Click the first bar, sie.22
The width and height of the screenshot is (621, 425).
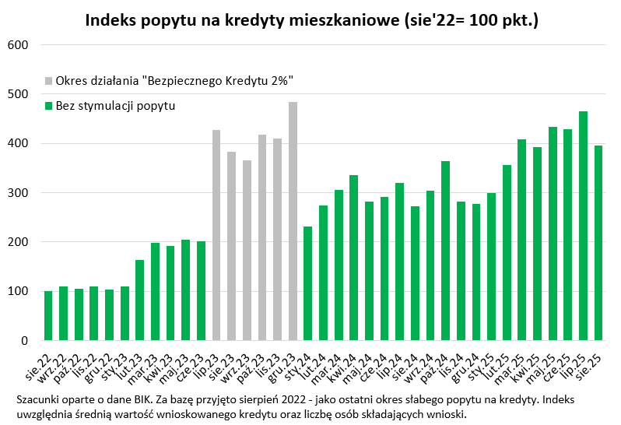(48, 316)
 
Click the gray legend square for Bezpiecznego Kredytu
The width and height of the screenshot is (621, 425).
(49, 80)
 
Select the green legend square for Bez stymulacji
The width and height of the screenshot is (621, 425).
(49, 105)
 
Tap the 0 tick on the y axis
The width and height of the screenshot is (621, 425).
(25, 341)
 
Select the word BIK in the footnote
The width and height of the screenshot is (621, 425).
(145, 399)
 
